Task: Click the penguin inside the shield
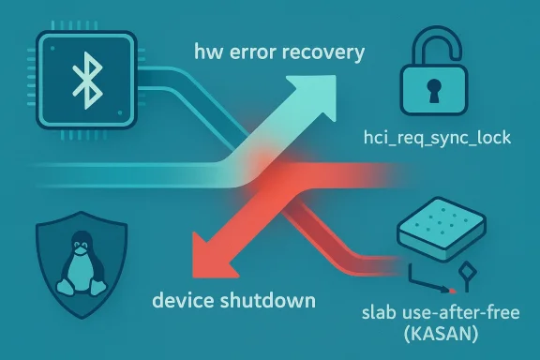point(80,259)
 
